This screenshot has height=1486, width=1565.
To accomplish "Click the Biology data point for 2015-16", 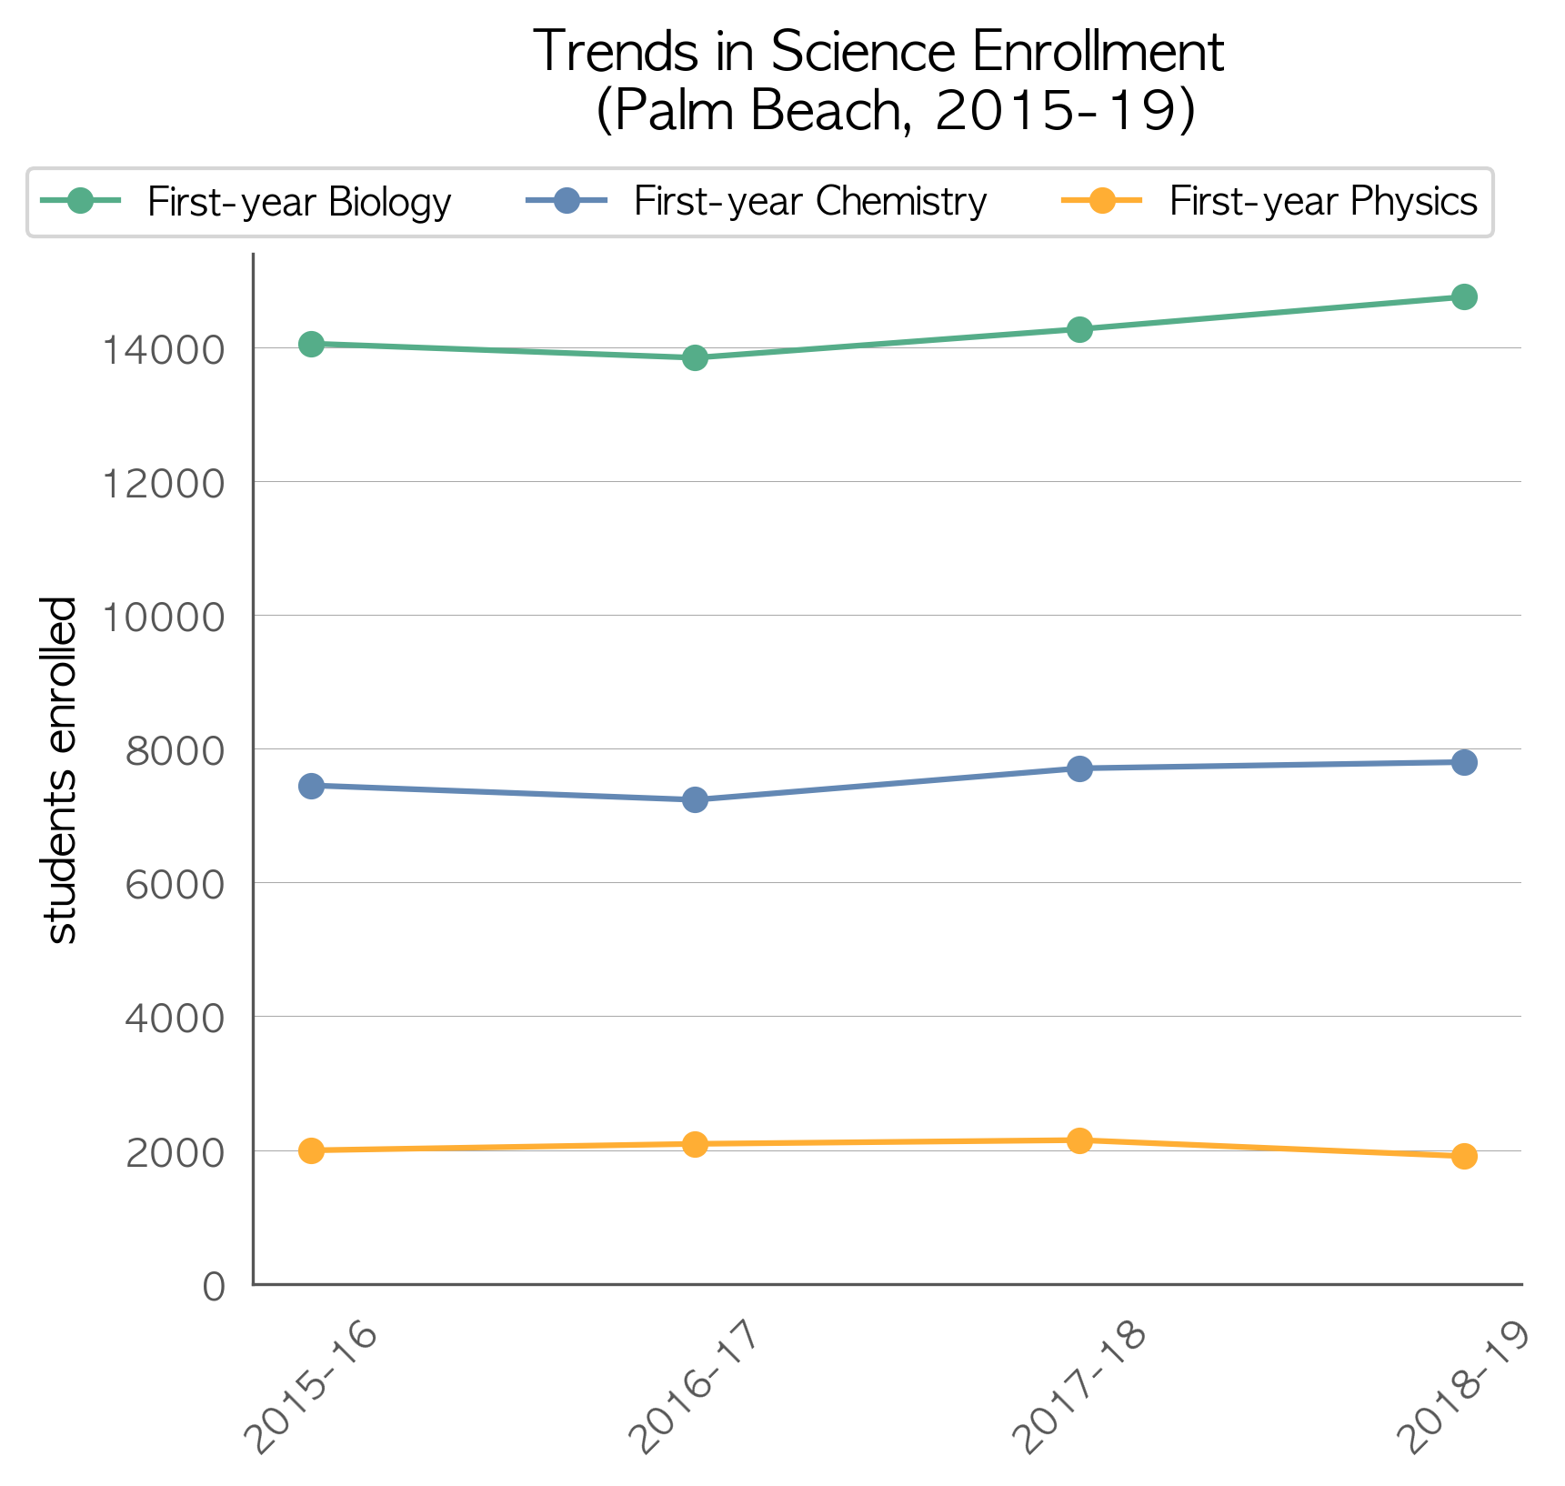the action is click(x=311, y=344).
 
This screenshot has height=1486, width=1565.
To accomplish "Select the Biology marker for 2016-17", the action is click(x=695, y=357).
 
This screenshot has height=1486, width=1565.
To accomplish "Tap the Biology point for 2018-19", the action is click(x=1464, y=296).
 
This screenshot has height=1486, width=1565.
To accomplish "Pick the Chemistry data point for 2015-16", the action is click(x=311, y=786).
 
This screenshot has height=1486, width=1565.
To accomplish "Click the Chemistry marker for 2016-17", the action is click(x=695, y=799).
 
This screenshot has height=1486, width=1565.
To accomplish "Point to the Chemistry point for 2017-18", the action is click(x=1079, y=768).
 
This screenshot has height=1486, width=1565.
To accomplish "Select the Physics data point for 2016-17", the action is click(x=695, y=1144).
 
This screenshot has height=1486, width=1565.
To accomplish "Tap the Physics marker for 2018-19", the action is click(x=1464, y=1156).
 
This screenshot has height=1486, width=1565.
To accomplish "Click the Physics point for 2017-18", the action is click(x=1079, y=1140).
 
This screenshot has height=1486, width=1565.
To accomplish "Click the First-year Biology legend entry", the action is click(x=246, y=201).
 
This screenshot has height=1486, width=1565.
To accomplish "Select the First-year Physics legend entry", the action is click(x=1269, y=201).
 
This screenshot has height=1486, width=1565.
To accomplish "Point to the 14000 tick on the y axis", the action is click(x=162, y=349).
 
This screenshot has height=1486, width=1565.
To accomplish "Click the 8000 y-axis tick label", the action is click(x=175, y=750).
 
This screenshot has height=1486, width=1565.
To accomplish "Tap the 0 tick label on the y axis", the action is click(x=214, y=1286).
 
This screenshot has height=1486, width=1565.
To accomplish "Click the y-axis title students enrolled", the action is click(x=60, y=769).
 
